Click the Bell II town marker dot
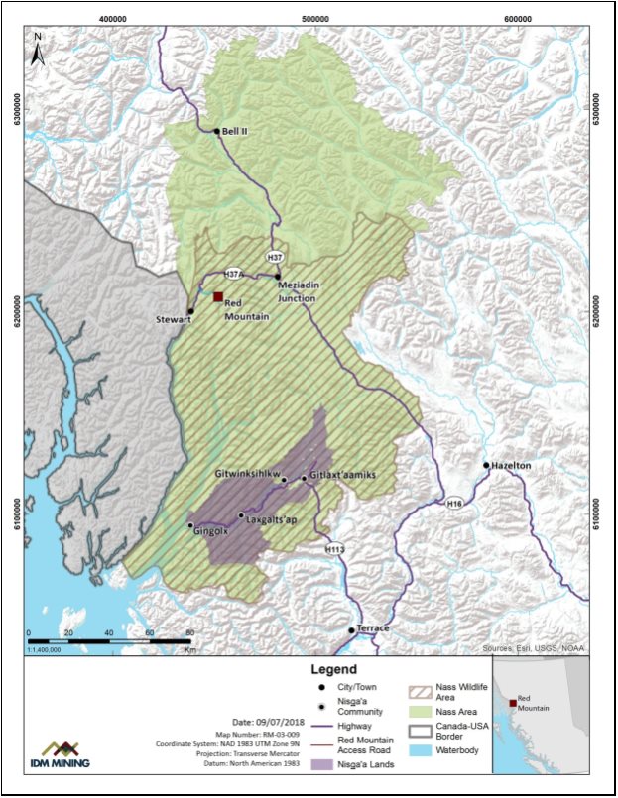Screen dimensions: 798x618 (216, 131)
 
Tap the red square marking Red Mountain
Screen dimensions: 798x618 (217, 296)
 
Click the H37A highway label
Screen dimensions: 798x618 (233, 274)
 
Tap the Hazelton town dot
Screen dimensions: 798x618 (486, 465)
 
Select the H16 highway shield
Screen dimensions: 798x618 (454, 504)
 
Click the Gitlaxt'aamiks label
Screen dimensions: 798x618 (343, 476)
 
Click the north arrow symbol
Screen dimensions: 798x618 (37, 50)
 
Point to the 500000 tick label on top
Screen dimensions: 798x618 (315, 19)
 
